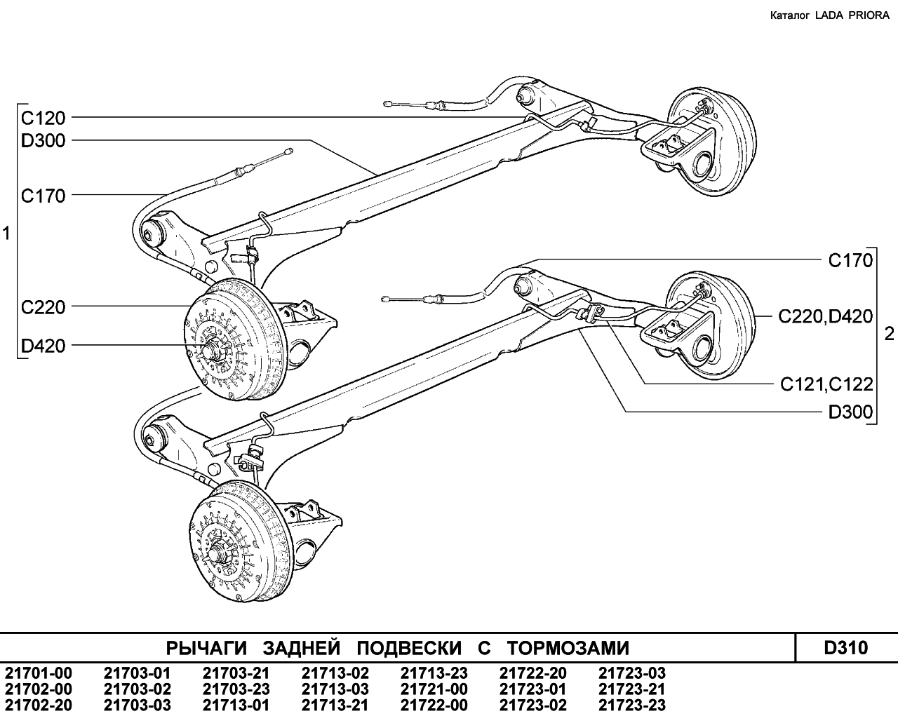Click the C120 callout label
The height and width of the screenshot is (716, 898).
tap(43, 119)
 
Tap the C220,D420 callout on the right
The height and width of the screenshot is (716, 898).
tap(826, 317)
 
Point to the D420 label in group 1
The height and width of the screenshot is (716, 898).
tap(43, 346)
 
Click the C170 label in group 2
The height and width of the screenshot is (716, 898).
tap(850, 261)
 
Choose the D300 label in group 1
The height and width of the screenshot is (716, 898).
tap(43, 141)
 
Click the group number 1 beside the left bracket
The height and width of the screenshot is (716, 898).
tap(6, 234)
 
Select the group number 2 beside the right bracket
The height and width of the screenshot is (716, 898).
tap(890, 335)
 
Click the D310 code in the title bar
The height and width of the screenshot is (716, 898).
tap(846, 648)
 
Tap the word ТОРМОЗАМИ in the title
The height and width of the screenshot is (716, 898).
tap(568, 649)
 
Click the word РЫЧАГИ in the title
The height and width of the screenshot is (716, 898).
tap(206, 649)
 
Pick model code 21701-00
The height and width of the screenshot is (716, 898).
tap(39, 673)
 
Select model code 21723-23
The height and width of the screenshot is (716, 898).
tap(632, 705)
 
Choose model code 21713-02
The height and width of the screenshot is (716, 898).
tap(335, 673)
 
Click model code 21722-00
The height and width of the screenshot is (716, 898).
tap(434, 705)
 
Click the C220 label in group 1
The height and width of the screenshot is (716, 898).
tap(43, 308)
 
